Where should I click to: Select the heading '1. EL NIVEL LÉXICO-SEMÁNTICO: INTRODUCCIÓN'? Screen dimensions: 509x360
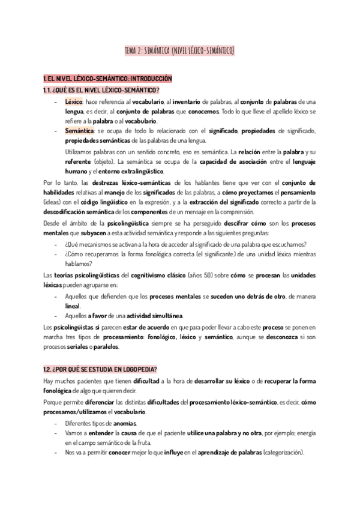[107, 79]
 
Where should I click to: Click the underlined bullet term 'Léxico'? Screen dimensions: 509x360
[74, 102]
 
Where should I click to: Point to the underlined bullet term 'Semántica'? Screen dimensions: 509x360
[78, 131]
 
